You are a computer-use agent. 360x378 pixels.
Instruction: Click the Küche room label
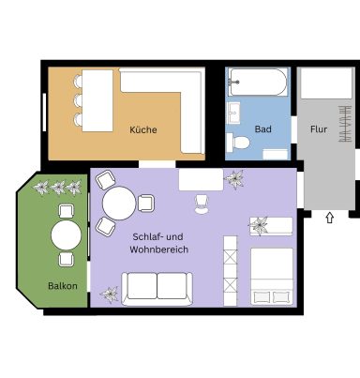point(143,129)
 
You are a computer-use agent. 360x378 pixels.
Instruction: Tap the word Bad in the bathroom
point(262,129)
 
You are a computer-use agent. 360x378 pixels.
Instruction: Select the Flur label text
point(319,129)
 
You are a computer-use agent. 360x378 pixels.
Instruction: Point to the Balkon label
point(63,286)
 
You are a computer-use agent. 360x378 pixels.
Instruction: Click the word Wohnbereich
point(158,249)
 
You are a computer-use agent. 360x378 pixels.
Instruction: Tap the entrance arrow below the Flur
point(329,218)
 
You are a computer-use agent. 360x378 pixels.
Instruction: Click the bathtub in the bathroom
point(258,82)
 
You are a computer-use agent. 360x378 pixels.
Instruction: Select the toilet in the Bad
point(238,143)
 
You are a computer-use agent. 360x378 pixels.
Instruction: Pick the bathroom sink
point(233,113)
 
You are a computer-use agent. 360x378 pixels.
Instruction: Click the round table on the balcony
point(66,235)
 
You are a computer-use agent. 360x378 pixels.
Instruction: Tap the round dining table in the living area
point(119,203)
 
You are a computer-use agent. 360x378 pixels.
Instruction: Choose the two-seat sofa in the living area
point(157,289)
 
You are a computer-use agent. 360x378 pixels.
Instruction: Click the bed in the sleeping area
point(272,277)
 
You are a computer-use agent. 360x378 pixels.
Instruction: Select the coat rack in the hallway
point(345,124)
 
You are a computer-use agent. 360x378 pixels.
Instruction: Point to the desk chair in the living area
point(202,204)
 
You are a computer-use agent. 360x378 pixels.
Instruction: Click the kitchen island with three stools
point(97,100)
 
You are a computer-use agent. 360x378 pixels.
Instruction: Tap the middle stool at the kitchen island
point(78,100)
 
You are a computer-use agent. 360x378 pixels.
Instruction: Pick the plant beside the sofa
point(110,295)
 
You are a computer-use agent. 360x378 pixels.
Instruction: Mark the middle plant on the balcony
point(58,188)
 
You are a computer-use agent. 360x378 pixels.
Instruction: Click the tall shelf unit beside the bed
point(231,271)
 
